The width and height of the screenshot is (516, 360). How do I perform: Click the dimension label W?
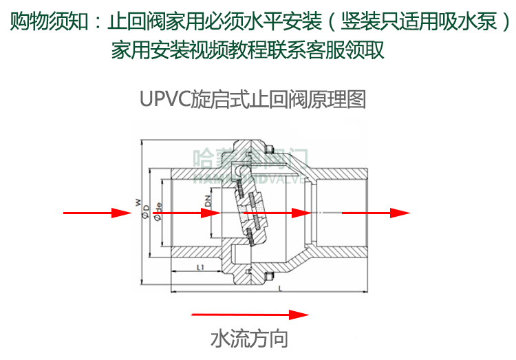[138, 203]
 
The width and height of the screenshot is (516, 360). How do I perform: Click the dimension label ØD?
[147, 211]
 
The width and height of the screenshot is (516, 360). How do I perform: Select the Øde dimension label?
[158, 208]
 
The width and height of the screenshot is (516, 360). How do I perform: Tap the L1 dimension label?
[199, 267]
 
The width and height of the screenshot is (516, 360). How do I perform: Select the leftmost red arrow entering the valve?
[96, 213]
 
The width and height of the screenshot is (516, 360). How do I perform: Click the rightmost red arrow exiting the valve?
[371, 213]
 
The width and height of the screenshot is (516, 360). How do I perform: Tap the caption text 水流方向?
[248, 339]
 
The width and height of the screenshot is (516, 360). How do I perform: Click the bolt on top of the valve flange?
[272, 151]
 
